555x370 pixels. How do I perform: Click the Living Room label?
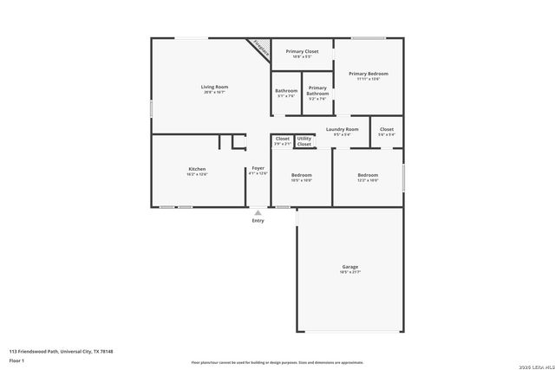[214, 87]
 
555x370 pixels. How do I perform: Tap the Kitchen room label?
[197, 168]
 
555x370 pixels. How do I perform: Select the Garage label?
[349, 267]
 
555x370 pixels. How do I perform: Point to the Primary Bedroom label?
[369, 74]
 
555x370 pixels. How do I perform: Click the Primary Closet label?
[302, 51]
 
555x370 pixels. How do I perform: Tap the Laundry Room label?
[342, 129]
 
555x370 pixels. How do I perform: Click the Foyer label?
[258, 167]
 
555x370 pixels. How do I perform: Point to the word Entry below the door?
[258, 221]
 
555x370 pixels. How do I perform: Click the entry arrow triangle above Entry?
[258, 211]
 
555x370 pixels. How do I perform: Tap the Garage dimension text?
[349, 273]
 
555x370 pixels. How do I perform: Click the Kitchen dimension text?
[197, 174]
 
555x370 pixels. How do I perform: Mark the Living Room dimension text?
[214, 93]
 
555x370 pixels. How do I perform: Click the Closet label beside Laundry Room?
[387, 129]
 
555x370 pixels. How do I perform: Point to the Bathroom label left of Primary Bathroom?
[286, 91]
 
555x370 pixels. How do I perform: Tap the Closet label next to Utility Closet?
[283, 139]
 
